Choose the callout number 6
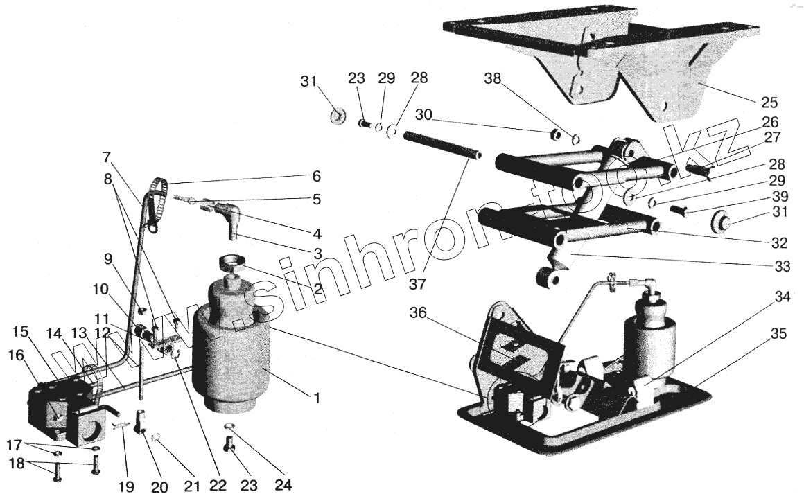coord(316,175)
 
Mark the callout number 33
coord(781,266)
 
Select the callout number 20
coord(159,488)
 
